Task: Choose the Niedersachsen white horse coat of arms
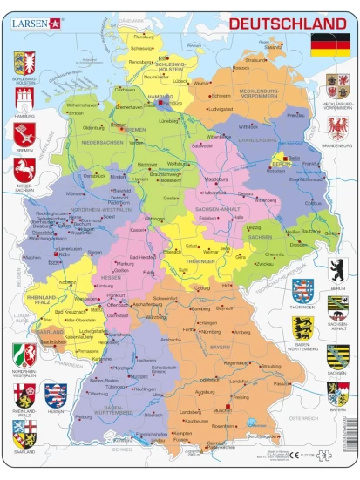[x=24, y=168]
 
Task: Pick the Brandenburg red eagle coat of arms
[x=337, y=128]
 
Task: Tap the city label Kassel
[x=136, y=229]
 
